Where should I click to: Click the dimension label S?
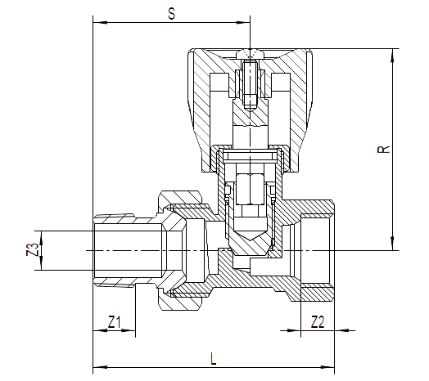pos(172,14)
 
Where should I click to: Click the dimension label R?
pos(384,150)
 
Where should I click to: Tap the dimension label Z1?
pos(115,322)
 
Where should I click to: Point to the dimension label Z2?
pos(318,322)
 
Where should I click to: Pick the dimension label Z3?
pos(33,250)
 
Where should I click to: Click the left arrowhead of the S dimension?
pos(100,22)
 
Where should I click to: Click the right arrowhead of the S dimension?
pos(243,22)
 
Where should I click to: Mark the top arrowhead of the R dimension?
pos(393,56)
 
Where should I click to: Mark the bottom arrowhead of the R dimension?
pos(393,244)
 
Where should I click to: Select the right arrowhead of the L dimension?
pos(327,367)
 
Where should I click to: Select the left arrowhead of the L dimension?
pos(100,367)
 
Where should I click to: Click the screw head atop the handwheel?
pos(250,54)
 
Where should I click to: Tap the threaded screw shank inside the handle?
pos(250,85)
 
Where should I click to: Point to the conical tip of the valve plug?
pos(250,235)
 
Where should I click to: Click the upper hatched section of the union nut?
pos(181,198)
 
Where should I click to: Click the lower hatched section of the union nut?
pos(181,301)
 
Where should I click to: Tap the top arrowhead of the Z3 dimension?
pos(42,238)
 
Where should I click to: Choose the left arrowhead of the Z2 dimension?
pos(294,330)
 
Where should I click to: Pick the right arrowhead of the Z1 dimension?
pos(128,330)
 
